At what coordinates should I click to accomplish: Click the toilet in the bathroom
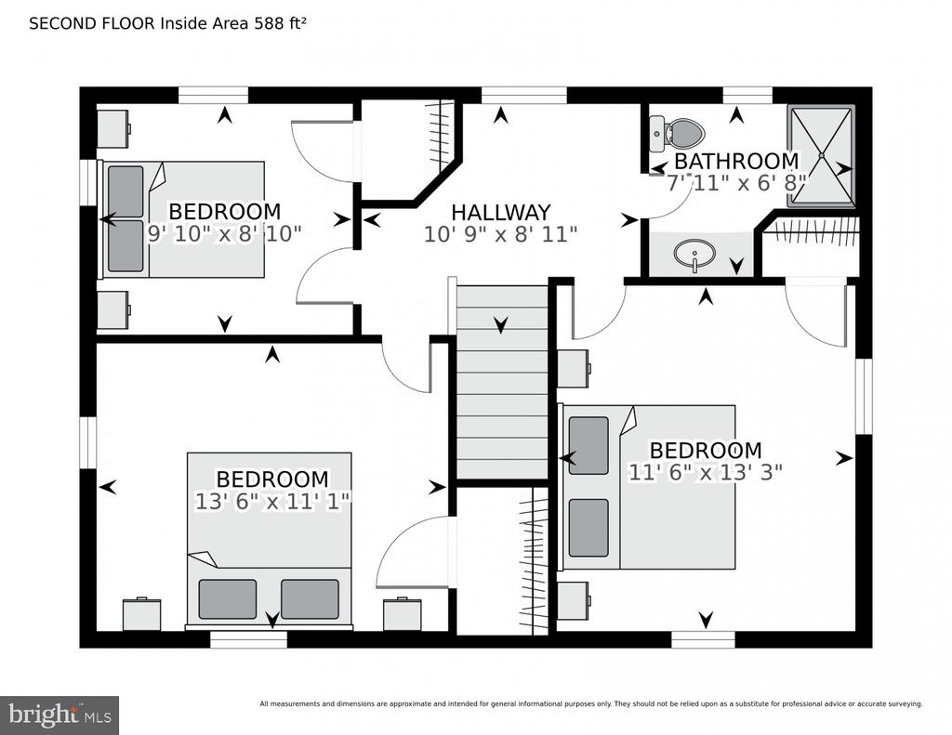point(677,135)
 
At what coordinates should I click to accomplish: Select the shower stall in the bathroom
point(821,156)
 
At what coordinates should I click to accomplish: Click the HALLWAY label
point(501,213)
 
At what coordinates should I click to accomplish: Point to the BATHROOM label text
point(736,162)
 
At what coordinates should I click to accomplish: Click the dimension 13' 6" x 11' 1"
point(272,502)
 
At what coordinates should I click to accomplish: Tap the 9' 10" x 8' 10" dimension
point(225,233)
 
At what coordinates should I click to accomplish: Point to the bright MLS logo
point(59,715)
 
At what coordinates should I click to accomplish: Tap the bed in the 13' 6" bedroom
point(269,539)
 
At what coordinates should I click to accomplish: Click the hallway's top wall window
point(524,96)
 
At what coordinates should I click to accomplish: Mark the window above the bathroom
point(747,96)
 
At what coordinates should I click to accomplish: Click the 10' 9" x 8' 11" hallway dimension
point(500,234)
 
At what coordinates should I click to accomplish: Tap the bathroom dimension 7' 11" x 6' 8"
point(736,183)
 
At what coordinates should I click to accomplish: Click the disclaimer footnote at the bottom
point(590,704)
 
